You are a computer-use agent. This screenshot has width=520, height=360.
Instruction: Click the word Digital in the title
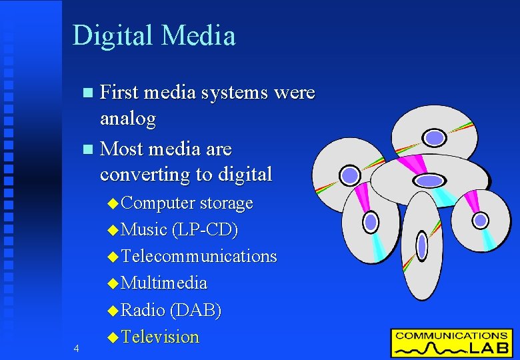(x=111, y=36)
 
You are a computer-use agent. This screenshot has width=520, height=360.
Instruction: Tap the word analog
(x=127, y=120)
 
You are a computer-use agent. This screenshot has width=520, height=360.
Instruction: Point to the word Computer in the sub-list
(x=159, y=203)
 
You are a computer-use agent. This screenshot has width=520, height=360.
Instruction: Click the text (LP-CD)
(x=205, y=230)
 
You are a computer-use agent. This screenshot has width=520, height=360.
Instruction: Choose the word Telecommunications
(x=199, y=257)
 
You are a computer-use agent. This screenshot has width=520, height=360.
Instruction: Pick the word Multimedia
(x=165, y=283)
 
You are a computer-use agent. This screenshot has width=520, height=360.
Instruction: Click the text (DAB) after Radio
(x=196, y=311)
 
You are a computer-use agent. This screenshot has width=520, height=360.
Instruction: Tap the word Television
(x=161, y=337)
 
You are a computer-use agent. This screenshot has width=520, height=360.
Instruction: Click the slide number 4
(x=77, y=349)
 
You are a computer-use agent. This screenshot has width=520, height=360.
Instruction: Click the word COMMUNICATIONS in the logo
(x=451, y=335)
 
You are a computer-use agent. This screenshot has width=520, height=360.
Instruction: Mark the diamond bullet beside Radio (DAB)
(x=112, y=311)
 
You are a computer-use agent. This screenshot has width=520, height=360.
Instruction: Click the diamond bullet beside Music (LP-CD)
(x=112, y=230)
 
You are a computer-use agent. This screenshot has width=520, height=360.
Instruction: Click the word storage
(x=227, y=203)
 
